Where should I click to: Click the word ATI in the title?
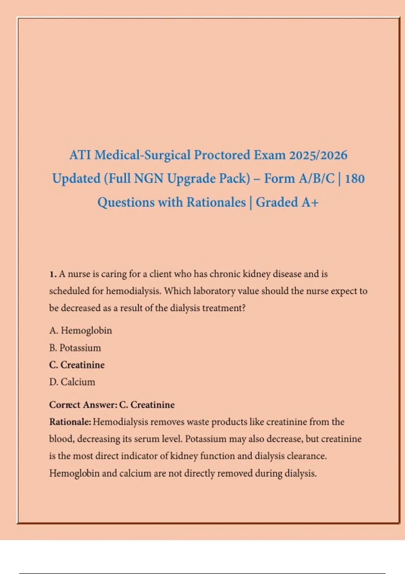tap(80, 155)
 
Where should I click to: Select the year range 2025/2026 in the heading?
tap(318, 155)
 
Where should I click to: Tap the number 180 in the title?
tap(355, 179)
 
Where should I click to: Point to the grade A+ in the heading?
tap(310, 202)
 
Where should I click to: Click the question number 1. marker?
tap(53, 274)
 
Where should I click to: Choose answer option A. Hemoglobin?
tap(80, 330)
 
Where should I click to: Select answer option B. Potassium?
tap(75, 348)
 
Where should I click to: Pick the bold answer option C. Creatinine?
tap(77, 365)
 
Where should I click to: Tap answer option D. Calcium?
tap(72, 382)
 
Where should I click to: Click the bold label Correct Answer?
tap(83, 405)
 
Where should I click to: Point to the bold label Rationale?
tap(70, 422)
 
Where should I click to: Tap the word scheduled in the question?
tap(69, 291)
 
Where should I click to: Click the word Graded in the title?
tap(277, 202)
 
